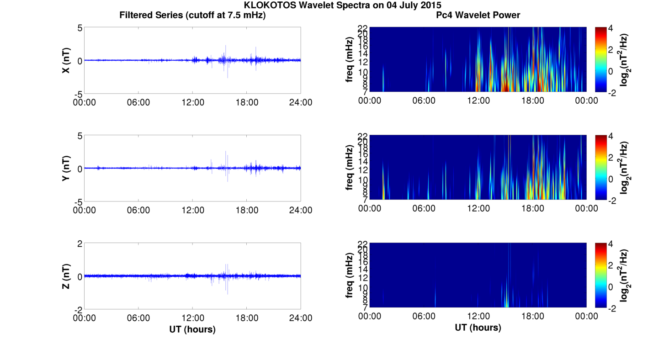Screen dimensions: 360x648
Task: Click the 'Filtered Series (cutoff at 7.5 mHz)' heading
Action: coord(192,15)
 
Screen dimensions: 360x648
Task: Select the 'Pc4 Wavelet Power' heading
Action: coord(478,15)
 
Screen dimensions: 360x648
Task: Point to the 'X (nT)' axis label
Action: coord(66,60)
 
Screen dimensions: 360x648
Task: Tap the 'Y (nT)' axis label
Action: coord(66,168)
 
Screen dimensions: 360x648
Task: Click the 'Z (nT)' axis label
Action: coord(66,276)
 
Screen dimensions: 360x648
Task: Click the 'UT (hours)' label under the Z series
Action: coord(192,329)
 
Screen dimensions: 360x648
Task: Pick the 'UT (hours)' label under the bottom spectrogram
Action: coord(478,328)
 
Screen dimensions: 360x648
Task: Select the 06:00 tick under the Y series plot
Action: coord(138,210)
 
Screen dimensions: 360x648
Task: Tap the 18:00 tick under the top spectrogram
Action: coord(532,101)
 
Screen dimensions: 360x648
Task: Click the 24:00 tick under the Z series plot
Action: coord(301,318)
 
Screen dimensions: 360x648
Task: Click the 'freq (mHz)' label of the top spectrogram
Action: coord(349,60)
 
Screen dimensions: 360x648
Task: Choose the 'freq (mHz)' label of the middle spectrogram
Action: coord(349,168)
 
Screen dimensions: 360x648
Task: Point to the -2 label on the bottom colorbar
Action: coord(613,308)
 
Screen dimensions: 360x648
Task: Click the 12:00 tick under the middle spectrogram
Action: coord(478,208)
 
